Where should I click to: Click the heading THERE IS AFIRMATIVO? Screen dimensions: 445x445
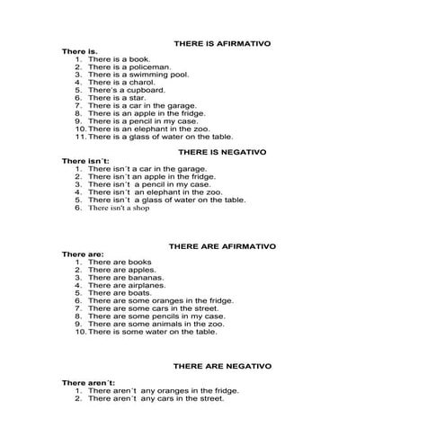(x=221, y=43)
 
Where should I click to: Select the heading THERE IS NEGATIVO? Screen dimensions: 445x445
(x=222, y=153)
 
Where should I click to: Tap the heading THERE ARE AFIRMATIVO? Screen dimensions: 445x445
(x=223, y=245)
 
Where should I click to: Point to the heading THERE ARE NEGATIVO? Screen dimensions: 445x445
(x=222, y=367)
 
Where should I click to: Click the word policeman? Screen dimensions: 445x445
(x=145, y=67)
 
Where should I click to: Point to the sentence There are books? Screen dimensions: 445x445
(x=119, y=262)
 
